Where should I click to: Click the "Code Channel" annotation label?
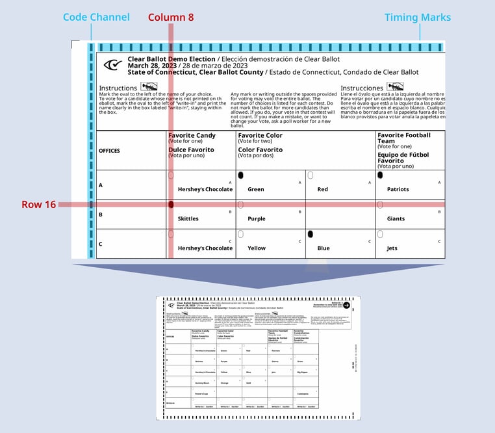tap(97, 18)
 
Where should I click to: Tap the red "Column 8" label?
tap(170, 18)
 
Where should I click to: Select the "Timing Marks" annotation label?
tap(418, 18)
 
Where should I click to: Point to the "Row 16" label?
tap(38, 204)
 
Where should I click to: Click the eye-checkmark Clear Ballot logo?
tap(113, 64)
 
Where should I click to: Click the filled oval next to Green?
tap(240, 176)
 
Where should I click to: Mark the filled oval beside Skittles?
tap(171, 204)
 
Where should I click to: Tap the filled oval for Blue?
tap(311, 233)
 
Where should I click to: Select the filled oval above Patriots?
tap(380, 175)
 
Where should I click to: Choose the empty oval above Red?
tap(311, 176)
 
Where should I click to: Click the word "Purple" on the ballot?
tap(257, 219)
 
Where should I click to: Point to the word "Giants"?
tap(396, 219)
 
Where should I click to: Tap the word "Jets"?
tap(393, 248)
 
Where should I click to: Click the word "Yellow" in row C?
tap(257, 248)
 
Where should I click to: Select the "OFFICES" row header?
tap(109, 151)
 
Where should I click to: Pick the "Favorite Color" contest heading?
tap(260, 135)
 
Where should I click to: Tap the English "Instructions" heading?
tap(118, 88)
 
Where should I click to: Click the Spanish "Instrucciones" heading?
tap(362, 88)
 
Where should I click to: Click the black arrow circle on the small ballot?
tap(346, 305)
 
